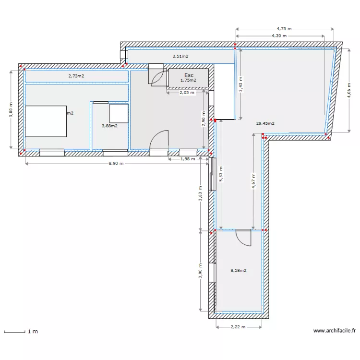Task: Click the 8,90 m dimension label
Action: pos(115,163)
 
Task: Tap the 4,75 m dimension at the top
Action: pos(284,28)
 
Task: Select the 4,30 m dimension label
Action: pos(279,36)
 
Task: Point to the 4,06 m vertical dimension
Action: pos(349,89)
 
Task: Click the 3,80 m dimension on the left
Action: pos(10,109)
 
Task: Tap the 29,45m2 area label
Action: pos(265,123)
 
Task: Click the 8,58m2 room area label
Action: pos(239,270)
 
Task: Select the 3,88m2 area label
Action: pos(109,126)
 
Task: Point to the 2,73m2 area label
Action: pos(76,76)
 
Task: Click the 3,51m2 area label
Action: pos(180,56)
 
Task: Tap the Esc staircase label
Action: pos(189,75)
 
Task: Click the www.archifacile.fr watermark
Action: pos(335,331)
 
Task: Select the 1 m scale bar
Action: pos(14,331)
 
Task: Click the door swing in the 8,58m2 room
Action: pos(243,237)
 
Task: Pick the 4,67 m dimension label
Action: pos(253,182)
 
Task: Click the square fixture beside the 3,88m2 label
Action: pos(119,113)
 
